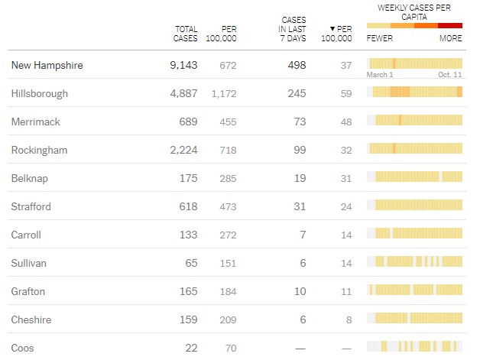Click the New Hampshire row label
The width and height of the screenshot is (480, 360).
point(47,66)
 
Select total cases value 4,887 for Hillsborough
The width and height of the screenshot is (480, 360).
point(183,94)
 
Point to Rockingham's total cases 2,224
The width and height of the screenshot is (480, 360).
point(183,151)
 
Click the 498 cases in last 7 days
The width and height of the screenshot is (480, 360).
point(295,66)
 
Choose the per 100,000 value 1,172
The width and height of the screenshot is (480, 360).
point(223,94)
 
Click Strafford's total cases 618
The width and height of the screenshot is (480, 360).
point(187,207)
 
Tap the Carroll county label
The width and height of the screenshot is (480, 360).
point(27,235)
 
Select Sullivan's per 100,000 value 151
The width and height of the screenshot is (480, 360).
point(227,264)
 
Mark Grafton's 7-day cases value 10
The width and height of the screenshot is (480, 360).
point(300,292)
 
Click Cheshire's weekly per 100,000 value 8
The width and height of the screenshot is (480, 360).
point(349,320)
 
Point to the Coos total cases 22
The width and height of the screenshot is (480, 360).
point(190,349)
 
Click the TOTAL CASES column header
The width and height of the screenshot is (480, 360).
point(186,34)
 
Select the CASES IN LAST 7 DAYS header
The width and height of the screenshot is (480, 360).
point(293,30)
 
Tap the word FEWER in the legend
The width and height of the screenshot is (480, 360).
point(380,38)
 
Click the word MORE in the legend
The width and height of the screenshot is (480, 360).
point(450,38)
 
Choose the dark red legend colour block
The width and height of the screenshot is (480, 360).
point(450,25)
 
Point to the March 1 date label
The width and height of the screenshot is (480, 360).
point(380,75)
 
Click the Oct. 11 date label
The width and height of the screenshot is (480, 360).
point(450,75)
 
